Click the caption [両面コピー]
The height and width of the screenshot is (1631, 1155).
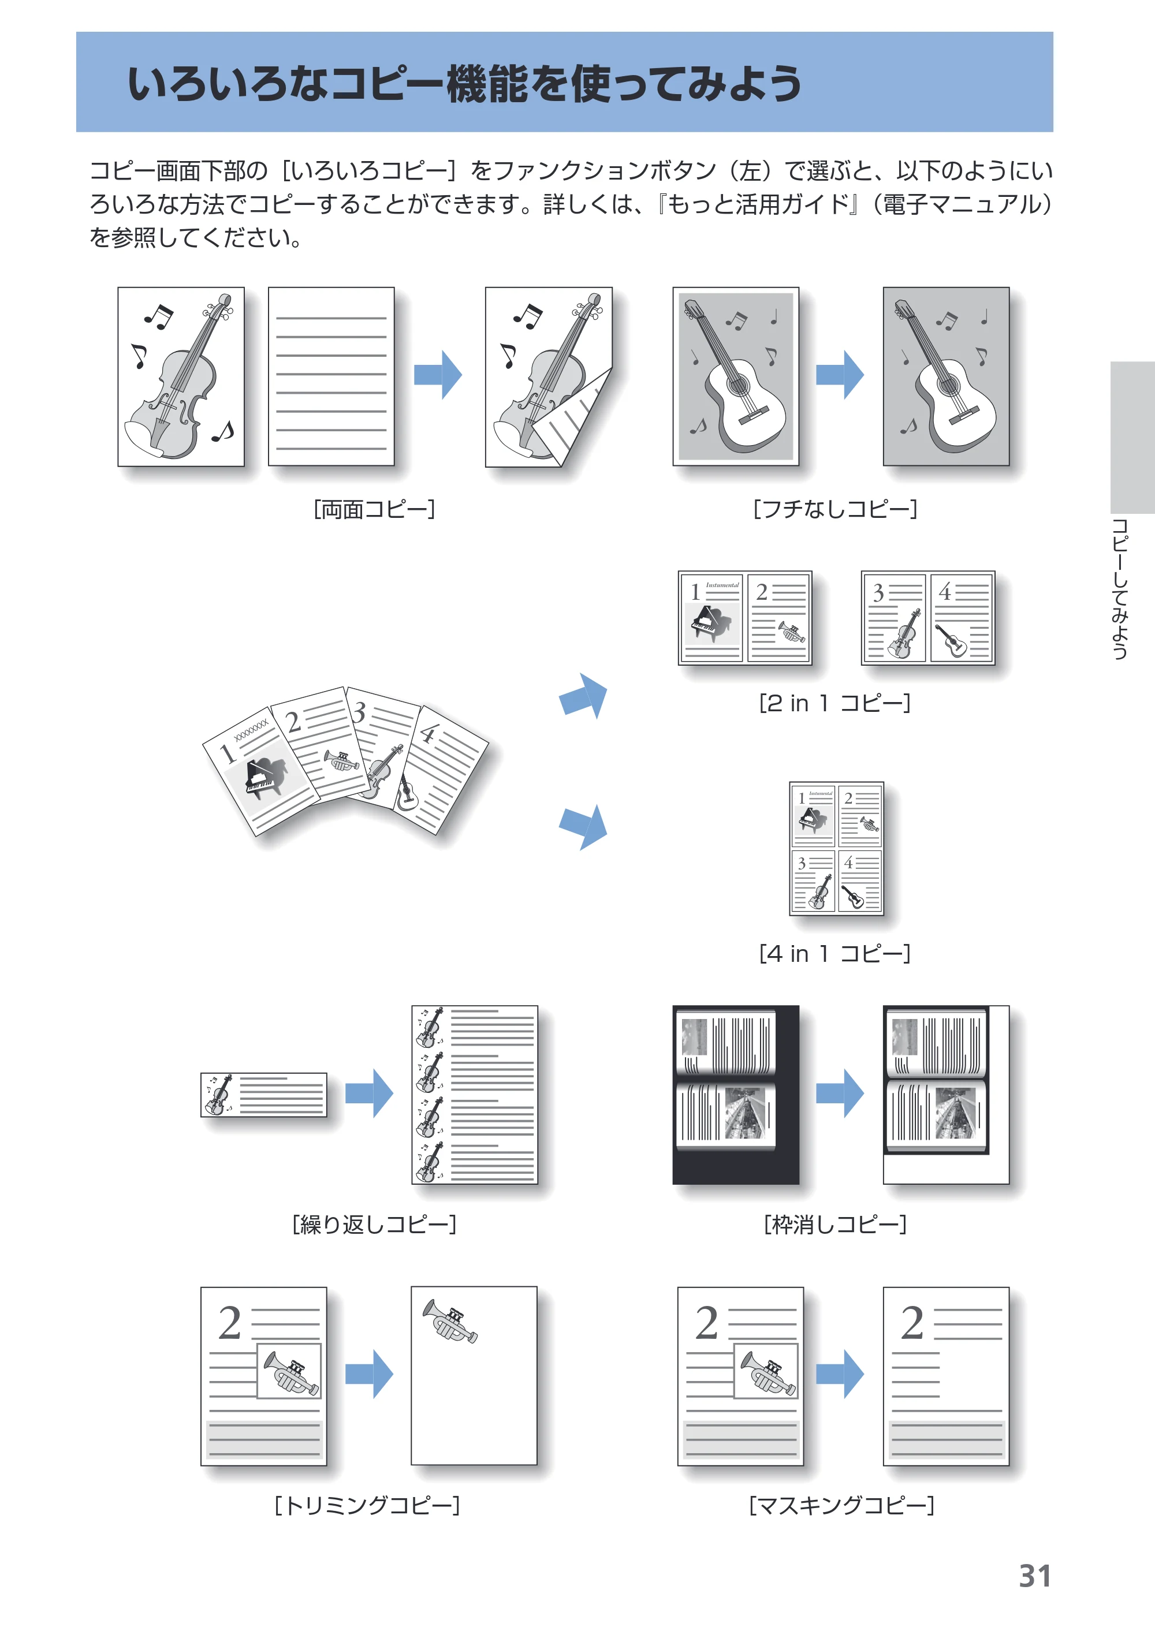pos(374,509)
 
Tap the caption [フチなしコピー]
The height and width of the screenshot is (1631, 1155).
pos(835,509)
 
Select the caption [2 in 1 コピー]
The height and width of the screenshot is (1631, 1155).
pos(835,703)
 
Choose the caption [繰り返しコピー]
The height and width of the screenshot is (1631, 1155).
pos(374,1225)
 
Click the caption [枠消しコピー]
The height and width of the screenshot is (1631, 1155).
pos(835,1225)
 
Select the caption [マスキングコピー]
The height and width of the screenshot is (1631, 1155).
pos(841,1505)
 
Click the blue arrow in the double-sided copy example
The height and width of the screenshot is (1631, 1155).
pos(438,374)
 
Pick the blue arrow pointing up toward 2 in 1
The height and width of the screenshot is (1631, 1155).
pos(584,696)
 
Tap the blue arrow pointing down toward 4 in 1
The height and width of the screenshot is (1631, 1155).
pos(584,827)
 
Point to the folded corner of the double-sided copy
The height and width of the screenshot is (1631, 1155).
pos(572,420)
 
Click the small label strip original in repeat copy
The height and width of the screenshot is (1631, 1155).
pos(264,1095)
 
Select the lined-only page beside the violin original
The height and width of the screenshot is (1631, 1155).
pos(331,377)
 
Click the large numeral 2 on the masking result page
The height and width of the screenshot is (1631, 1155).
pos(912,1323)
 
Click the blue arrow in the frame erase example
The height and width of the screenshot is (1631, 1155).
pos(840,1093)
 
